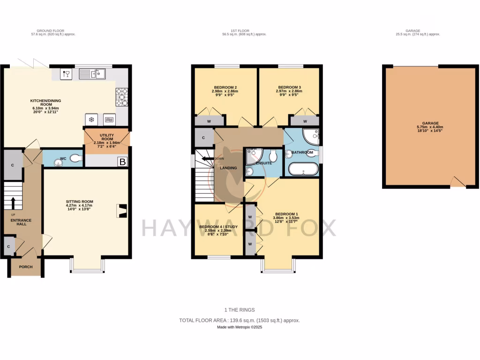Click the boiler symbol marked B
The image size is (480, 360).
click(x=122, y=162)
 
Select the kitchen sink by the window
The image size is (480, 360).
click(x=93, y=74)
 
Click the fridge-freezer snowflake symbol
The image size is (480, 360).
click(x=90, y=119)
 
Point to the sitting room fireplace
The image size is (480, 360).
click(x=122, y=211)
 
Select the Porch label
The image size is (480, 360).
click(x=26, y=267)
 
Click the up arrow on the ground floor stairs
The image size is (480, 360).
click(x=13, y=202)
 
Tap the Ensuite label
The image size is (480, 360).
click(x=263, y=163)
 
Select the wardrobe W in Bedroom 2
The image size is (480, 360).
click(x=209, y=121)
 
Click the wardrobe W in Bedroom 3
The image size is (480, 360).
click(x=305, y=121)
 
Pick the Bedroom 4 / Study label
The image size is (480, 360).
click(x=218, y=227)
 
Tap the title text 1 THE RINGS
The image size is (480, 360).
click(x=240, y=310)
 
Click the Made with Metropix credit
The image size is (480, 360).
click(x=240, y=327)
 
